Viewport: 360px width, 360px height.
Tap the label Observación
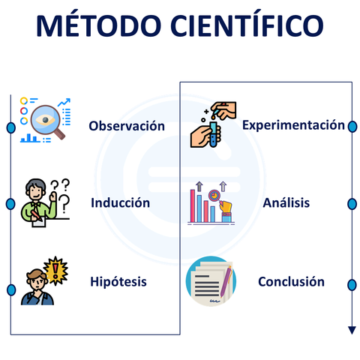127,126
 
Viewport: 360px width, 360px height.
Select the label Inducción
121,203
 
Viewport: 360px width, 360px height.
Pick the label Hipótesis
118,282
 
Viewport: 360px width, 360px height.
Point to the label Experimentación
293,125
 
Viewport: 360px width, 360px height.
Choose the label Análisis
286,202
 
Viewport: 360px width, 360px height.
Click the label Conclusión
291,282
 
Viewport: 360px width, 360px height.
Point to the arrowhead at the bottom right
351,330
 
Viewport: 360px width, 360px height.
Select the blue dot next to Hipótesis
11,289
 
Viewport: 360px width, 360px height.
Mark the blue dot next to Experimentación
351,126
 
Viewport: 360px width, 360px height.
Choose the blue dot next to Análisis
351,204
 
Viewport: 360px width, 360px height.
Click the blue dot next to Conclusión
351,283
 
